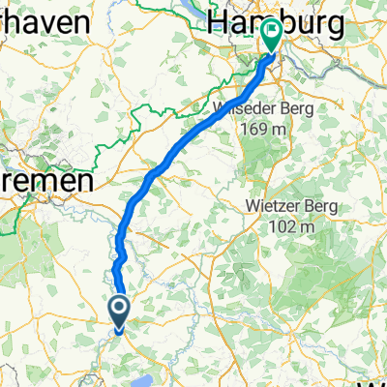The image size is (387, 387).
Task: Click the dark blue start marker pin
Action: pyautogui.click(x=120, y=311)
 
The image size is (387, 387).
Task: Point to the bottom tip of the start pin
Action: pyautogui.click(x=120, y=326)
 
